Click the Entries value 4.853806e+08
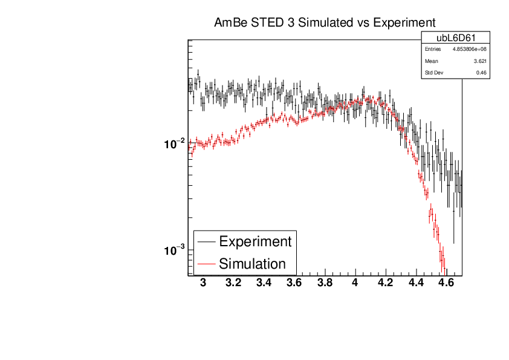[470, 49]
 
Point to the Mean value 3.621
[481, 61]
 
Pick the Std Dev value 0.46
[482, 73]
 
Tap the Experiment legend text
[255, 241]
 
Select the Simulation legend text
[252, 264]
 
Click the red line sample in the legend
[206, 264]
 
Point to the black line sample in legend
[206, 242]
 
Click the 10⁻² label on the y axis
[173, 144]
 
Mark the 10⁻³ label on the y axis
[173, 250]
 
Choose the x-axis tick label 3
[203, 283]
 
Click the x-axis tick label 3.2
[233, 283]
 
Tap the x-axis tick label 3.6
[294, 283]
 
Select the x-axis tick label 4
[355, 283]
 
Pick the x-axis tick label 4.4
[416, 283]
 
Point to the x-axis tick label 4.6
[446, 283]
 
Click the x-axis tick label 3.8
[325, 283]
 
